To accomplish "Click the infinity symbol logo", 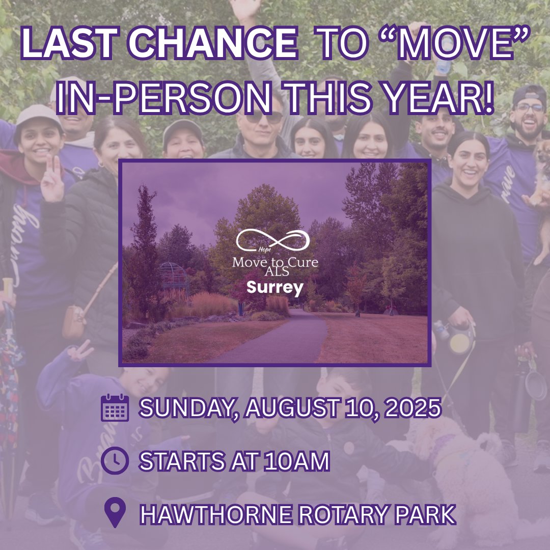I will (x=273, y=240).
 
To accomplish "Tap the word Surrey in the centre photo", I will (x=275, y=288).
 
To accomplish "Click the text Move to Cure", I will (x=275, y=262).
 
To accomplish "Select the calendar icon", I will (x=115, y=407).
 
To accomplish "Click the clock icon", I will (x=115, y=460).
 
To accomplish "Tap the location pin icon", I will (x=115, y=513).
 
